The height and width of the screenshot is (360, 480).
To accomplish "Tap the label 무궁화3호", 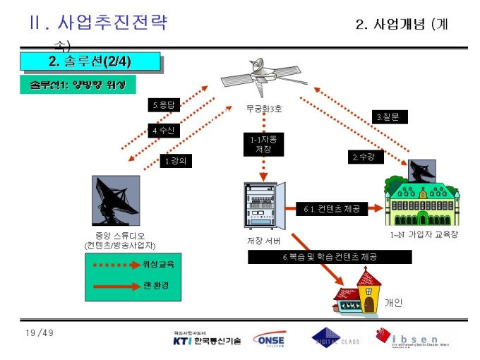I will click(x=262, y=109).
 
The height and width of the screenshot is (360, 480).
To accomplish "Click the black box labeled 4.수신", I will click(x=164, y=131).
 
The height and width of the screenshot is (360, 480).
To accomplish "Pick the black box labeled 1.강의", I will click(x=177, y=161).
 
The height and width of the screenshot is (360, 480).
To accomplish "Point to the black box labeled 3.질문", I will click(x=388, y=116).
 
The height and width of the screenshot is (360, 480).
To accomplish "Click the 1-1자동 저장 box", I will click(x=263, y=145).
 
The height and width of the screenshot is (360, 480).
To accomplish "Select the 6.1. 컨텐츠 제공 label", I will click(x=332, y=209).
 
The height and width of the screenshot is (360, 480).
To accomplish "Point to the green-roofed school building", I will click(x=421, y=201).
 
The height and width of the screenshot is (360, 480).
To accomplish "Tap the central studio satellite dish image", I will click(x=116, y=201).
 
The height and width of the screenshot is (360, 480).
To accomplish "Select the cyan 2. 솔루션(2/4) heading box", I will click(x=91, y=61).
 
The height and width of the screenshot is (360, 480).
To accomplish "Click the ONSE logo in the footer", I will click(x=269, y=340).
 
